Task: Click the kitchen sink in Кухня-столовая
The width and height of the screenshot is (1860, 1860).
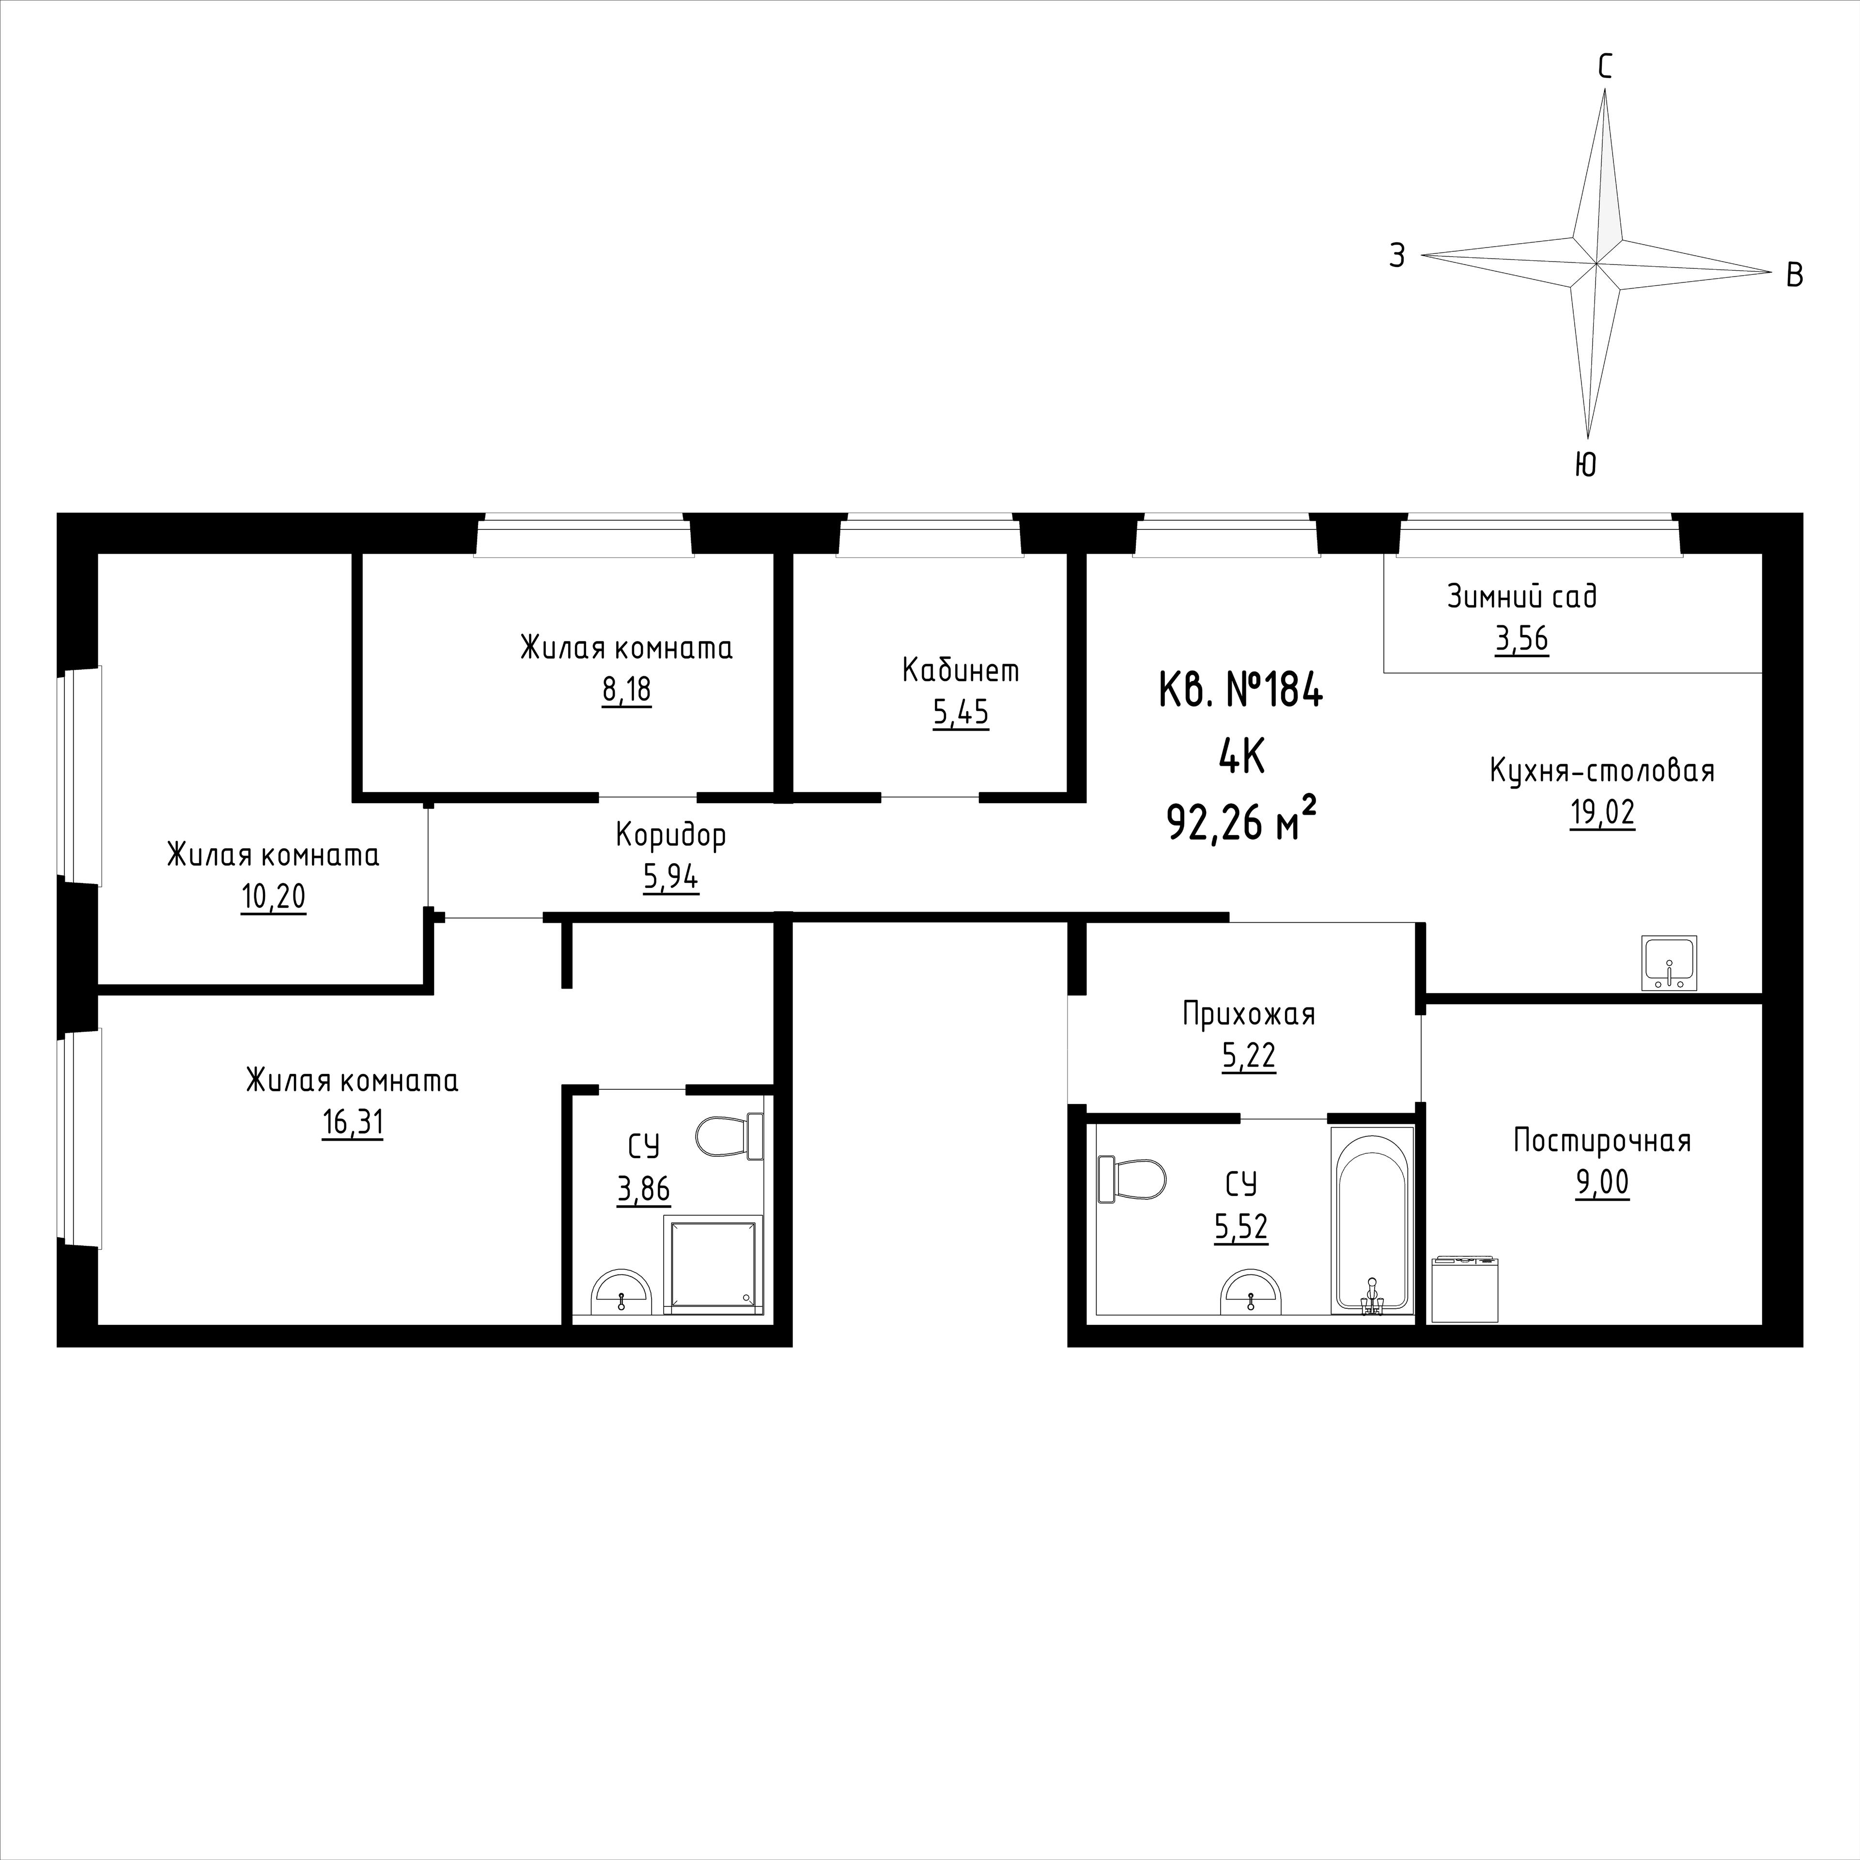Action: point(1669,963)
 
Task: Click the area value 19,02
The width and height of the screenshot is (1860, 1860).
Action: point(1603,814)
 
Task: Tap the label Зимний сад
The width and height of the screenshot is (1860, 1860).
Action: point(1522,597)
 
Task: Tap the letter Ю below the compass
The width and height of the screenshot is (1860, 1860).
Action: point(1586,465)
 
